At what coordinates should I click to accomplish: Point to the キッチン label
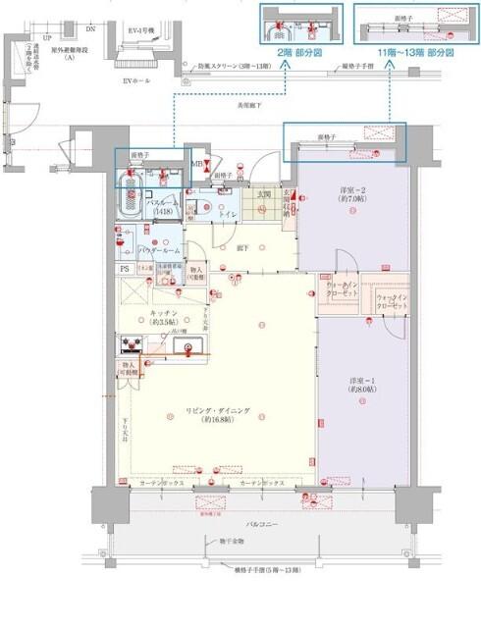[162, 316]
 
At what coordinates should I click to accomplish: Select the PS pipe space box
[125, 268]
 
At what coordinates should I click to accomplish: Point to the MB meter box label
[196, 164]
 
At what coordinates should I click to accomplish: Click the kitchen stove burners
[132, 343]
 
